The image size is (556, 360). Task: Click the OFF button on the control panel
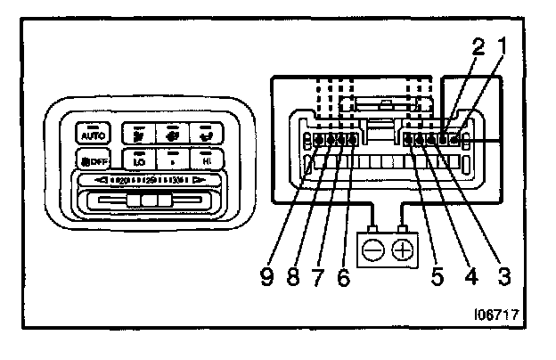(x=92, y=161)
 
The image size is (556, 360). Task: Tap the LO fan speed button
(x=139, y=161)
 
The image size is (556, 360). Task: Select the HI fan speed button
(x=206, y=161)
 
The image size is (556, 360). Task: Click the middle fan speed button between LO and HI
(x=173, y=161)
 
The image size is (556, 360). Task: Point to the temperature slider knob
(x=147, y=200)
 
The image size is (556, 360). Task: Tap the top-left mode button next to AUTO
(x=139, y=133)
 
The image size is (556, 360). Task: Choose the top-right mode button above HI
(x=206, y=133)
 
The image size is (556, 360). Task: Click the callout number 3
(x=503, y=276)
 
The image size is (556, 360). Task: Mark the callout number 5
(x=437, y=276)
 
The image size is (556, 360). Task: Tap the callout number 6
(x=342, y=276)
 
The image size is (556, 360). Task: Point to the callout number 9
(x=265, y=276)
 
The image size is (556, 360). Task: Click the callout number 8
(x=291, y=276)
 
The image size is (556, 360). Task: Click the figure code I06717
(x=499, y=315)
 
